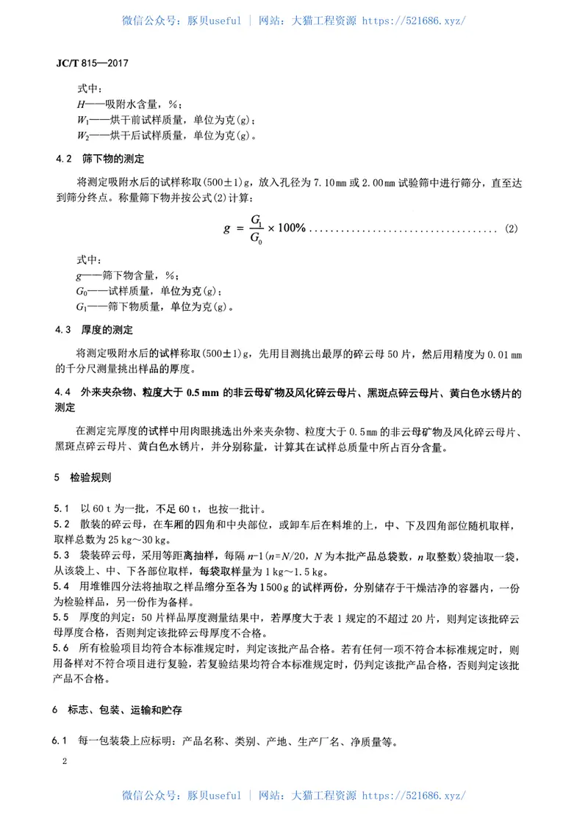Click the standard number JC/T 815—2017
tap(92, 63)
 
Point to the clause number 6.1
tap(62, 741)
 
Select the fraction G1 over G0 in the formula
tap(257, 228)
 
